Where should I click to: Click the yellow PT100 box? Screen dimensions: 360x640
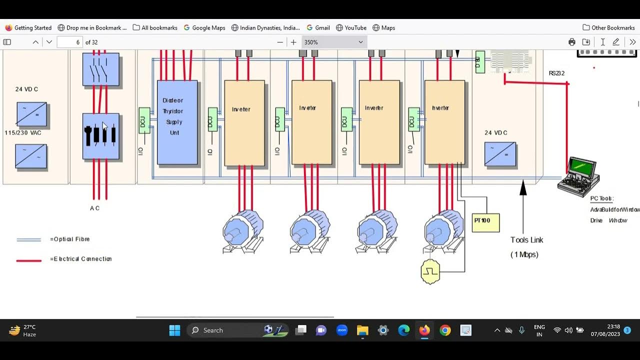(485, 222)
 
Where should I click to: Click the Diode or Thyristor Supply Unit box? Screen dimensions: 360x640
(177, 122)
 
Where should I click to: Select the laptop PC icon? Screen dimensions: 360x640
(579, 175)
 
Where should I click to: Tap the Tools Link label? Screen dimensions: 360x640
(526, 240)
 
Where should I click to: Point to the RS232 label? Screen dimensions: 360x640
(556, 73)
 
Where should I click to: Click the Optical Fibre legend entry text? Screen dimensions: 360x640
(70, 239)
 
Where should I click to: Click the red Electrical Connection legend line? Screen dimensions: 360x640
(28, 260)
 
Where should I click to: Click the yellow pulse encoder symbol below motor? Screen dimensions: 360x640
(430, 272)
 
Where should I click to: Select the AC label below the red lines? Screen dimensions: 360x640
(95, 208)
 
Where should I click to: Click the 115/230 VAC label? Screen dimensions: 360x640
(23, 133)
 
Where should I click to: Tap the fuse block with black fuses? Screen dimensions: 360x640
(101, 136)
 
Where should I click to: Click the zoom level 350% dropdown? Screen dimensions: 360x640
(333, 42)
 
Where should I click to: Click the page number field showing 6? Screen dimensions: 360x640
(69, 42)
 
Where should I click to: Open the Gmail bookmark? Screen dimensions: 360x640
(318, 28)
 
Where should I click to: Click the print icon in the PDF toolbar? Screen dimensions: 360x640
(571, 42)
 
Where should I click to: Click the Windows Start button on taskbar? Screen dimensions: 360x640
(174, 330)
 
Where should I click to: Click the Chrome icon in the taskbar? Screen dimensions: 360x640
(445, 330)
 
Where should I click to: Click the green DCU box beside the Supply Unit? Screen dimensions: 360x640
(144, 120)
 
